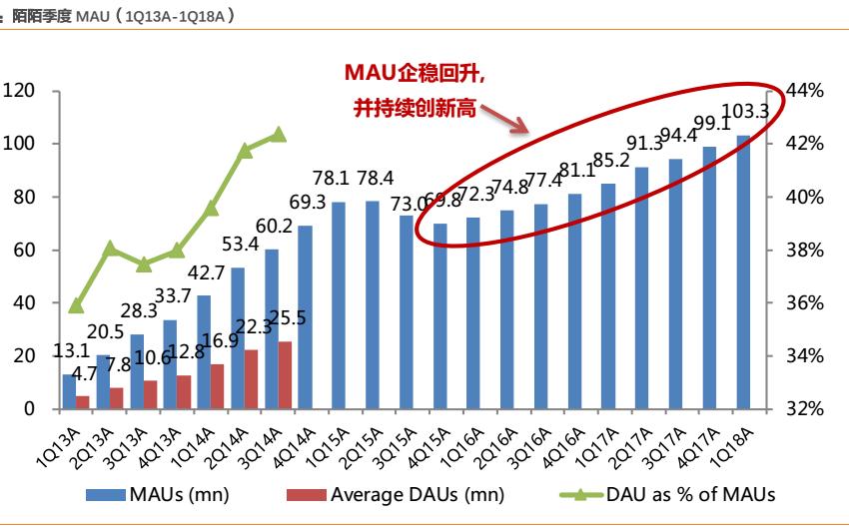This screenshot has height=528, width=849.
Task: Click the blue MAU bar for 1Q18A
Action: [x=743, y=271]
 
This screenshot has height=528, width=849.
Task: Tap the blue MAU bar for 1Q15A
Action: [x=339, y=305]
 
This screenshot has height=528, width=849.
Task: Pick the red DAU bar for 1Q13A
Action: [x=83, y=402]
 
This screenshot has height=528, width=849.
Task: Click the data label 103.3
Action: [x=743, y=112]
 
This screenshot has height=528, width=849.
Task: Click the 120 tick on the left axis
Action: [x=19, y=91]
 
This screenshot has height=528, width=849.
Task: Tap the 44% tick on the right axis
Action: [x=805, y=91]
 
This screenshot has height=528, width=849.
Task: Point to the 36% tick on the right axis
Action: [x=805, y=303]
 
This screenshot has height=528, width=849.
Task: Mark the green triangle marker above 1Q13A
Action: [x=76, y=305]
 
